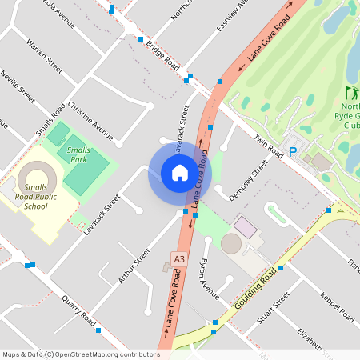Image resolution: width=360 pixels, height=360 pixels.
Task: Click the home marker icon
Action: coord(180,173)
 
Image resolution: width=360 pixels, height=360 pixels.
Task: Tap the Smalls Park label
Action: coord(78,154)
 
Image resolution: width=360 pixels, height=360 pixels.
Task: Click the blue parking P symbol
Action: coord(293,151)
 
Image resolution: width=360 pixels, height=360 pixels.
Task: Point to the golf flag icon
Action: coord(350,93)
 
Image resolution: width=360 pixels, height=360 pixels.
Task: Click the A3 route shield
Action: coord(179,258)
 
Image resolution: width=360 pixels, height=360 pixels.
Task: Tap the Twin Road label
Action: coord(269,144)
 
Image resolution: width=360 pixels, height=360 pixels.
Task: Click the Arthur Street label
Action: coord(134,266)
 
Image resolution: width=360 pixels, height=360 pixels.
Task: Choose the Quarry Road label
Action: coord(80,311)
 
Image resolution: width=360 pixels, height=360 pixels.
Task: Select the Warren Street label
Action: coord(44,54)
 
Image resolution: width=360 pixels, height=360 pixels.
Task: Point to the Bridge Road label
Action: coord(162,54)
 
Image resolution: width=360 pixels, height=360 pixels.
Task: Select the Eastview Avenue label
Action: coord(233,16)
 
